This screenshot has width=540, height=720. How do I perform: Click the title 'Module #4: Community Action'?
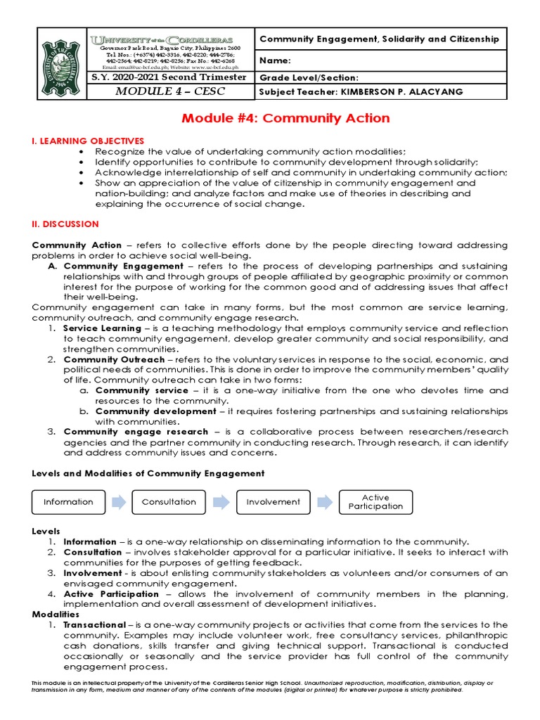pyautogui.click(x=285, y=117)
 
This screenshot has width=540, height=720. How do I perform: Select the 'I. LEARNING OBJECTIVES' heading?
pyautogui.click(x=88, y=141)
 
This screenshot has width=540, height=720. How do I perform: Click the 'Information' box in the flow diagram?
pyautogui.click(x=68, y=502)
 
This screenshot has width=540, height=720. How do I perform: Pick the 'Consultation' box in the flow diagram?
pyautogui.click(x=169, y=502)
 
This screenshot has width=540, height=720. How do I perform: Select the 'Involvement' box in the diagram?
pyautogui.click(x=273, y=502)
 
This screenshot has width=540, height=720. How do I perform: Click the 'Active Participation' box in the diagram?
pyautogui.click(x=375, y=502)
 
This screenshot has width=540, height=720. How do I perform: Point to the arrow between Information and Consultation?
pyautogui.click(x=118, y=502)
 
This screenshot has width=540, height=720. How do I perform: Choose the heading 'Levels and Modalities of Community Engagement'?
pyautogui.click(x=148, y=473)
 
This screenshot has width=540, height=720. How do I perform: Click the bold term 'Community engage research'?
pyautogui.click(x=136, y=432)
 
